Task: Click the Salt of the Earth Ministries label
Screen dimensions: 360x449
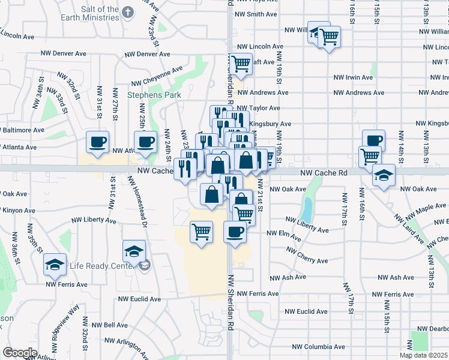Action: point(91,13)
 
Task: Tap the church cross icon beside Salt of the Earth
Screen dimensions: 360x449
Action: point(128,12)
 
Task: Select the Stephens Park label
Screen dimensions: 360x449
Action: point(145,95)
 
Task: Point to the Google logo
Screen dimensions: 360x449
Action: point(20,353)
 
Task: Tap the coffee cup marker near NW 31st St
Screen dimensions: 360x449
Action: point(97,142)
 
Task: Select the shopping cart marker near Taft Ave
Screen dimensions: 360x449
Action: point(241,63)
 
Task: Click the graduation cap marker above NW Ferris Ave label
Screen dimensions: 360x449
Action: point(55,265)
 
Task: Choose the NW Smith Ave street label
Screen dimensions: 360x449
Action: point(256,14)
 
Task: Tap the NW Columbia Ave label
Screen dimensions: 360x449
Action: point(318,347)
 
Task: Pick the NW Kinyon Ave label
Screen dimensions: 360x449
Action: point(19,211)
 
